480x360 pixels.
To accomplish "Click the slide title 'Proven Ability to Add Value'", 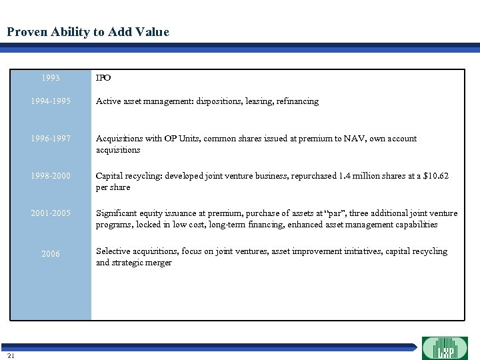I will (88, 32).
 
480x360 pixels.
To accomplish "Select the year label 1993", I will (50, 78).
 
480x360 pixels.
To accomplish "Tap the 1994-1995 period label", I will (50, 102).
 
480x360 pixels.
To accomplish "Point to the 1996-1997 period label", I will (50, 139).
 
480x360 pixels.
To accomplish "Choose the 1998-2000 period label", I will (50, 177).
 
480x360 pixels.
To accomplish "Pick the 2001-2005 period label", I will (50, 214).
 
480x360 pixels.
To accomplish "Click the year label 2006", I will (50, 254).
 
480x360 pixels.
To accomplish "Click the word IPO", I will (103, 78).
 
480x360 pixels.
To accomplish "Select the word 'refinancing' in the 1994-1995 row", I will (296, 101).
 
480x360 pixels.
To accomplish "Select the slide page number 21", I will (11, 355).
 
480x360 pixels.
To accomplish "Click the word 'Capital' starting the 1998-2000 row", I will (111, 176).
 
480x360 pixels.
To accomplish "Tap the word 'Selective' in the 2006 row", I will (114, 251).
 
